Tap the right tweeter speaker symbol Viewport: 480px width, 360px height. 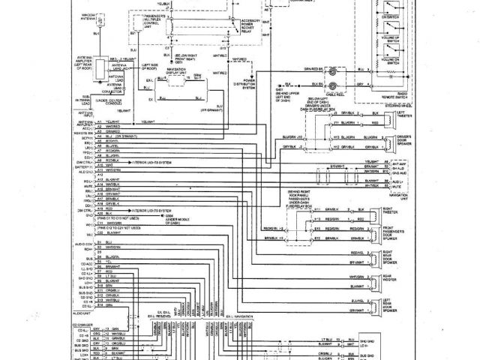click(376, 210)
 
